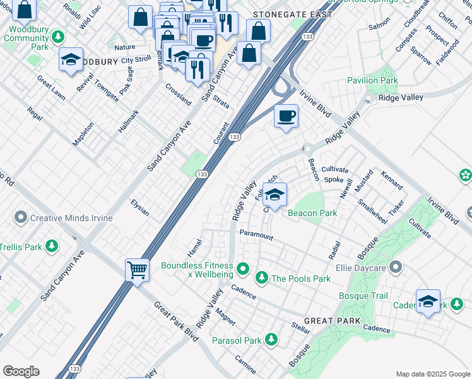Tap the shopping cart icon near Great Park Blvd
137,271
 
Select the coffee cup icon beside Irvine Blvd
286,116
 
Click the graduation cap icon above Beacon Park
274,195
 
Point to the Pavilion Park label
372,80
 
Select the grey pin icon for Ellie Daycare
396,267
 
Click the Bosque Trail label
363,296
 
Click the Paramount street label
256,235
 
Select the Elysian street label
139,208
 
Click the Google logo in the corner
21,371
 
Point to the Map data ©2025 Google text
432,374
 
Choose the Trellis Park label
22,246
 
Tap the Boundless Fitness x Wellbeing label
196,270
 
